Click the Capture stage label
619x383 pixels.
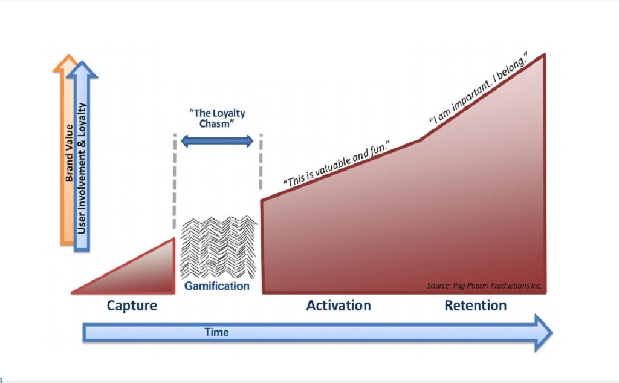(132, 306)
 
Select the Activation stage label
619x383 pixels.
(339, 306)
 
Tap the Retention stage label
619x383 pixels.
(476, 306)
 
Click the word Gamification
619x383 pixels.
(217, 286)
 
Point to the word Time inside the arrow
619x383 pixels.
(216, 332)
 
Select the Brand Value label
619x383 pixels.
(69, 153)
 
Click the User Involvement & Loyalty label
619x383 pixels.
(82, 168)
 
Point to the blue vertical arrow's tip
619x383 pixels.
(82, 61)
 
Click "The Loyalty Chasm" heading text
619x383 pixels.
(217, 118)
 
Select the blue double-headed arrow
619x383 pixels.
(217, 141)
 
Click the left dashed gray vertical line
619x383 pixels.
(175, 182)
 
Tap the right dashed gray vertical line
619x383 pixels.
(261, 162)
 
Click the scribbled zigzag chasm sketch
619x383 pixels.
(218, 247)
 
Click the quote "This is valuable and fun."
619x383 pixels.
(336, 163)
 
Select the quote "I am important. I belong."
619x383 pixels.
(478, 88)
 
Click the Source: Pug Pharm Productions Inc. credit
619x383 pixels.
(484, 286)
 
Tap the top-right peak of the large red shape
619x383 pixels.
(545, 54)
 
